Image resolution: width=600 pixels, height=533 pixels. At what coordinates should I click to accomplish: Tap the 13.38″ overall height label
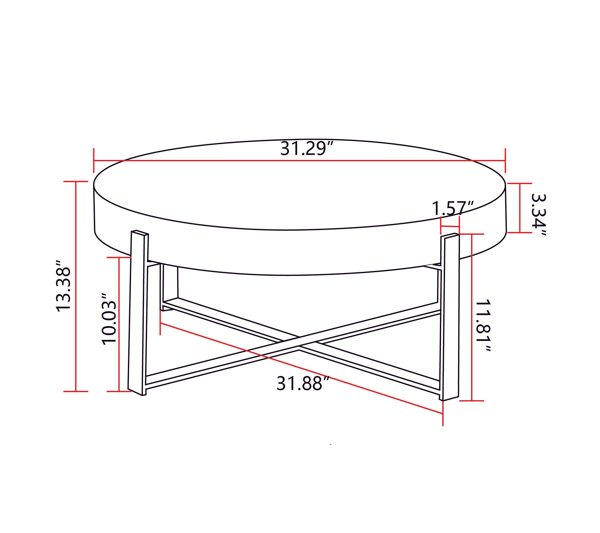coord(63,286)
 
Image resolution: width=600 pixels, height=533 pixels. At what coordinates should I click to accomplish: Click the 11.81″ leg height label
coord(483,326)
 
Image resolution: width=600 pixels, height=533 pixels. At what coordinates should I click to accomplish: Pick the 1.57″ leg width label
coord(453,208)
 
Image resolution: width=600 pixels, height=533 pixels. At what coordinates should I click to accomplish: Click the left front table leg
coord(138,313)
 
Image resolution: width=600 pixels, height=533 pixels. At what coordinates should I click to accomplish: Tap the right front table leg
coord(450,317)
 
